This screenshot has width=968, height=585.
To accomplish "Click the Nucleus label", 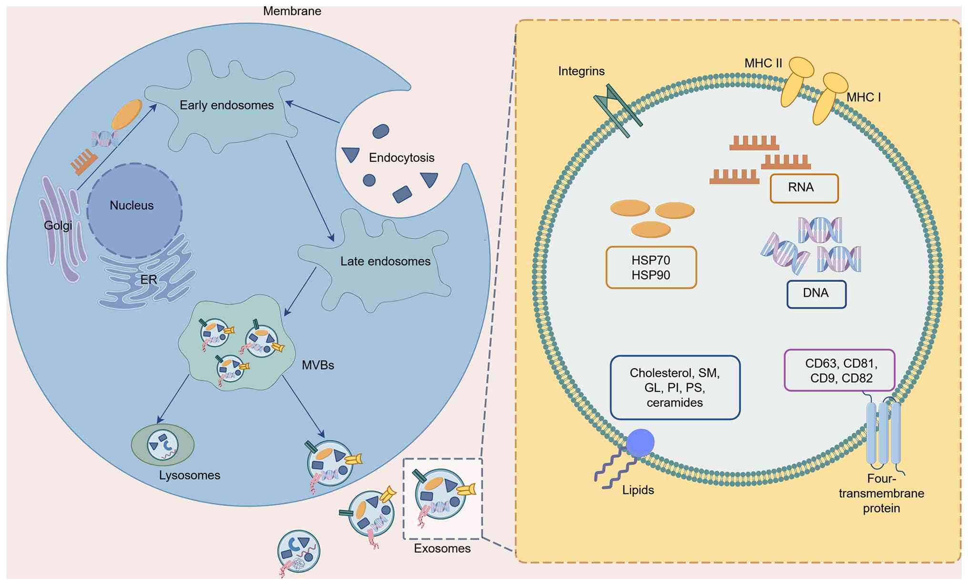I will pyautogui.click(x=132, y=205).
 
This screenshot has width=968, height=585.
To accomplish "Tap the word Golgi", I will pyautogui.click(x=58, y=225).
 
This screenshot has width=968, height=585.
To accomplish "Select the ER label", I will pyautogui.click(x=149, y=279).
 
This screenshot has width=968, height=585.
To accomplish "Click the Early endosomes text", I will pyautogui.click(x=226, y=105).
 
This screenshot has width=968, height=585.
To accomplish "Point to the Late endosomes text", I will pyautogui.click(x=385, y=261).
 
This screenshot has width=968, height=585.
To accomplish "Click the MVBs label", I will pyautogui.click(x=318, y=365).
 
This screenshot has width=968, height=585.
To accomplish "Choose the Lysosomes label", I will pyautogui.click(x=190, y=475).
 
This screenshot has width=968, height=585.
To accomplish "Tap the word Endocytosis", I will pyautogui.click(x=401, y=157).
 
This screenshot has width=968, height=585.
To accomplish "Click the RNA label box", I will pyautogui.click(x=804, y=188).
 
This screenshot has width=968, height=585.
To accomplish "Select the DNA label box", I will pyautogui.click(x=816, y=294).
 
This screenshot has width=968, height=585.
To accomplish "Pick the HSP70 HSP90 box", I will pyautogui.click(x=651, y=267).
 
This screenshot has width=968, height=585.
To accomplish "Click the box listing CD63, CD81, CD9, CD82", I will pyautogui.click(x=839, y=371).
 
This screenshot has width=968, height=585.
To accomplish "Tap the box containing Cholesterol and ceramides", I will pyautogui.click(x=675, y=387).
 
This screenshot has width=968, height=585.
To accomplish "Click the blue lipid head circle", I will pyautogui.click(x=640, y=443).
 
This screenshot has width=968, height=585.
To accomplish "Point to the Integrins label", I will pyautogui.click(x=581, y=71).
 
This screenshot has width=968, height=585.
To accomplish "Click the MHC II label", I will pyautogui.click(x=763, y=63).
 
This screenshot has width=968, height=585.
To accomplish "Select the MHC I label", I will pyautogui.click(x=863, y=97).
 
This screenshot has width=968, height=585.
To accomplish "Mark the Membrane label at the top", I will pyautogui.click(x=292, y=10).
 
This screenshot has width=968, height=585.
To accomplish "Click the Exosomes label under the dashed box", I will pyautogui.click(x=442, y=548).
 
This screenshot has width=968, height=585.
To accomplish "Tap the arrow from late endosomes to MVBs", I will pyautogui.click(x=300, y=291).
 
